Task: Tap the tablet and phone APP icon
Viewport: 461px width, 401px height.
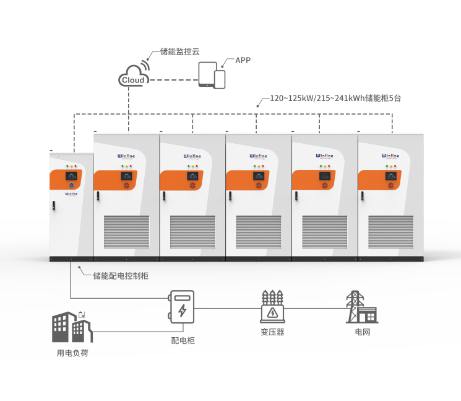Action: pyautogui.click(x=212, y=76)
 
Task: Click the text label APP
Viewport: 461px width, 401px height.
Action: pyautogui.click(x=243, y=60)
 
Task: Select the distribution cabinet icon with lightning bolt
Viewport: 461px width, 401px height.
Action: pyautogui.click(x=182, y=307)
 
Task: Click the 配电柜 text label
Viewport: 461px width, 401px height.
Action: pyautogui.click(x=183, y=340)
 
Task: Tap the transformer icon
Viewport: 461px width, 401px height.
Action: pyautogui.click(x=272, y=306)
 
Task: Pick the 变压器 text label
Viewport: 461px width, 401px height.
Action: pyautogui.click(x=272, y=332)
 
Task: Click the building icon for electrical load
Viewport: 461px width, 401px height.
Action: pyautogui.click(x=71, y=327)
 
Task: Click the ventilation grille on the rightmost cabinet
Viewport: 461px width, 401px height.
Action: pyautogui.click(x=390, y=231)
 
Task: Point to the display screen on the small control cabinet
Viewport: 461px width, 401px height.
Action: pyautogui.click(x=71, y=176)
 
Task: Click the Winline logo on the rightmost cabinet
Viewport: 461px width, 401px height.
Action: pyautogui.click(x=390, y=157)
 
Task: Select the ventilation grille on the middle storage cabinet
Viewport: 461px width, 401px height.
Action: pyautogui.click(x=259, y=231)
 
